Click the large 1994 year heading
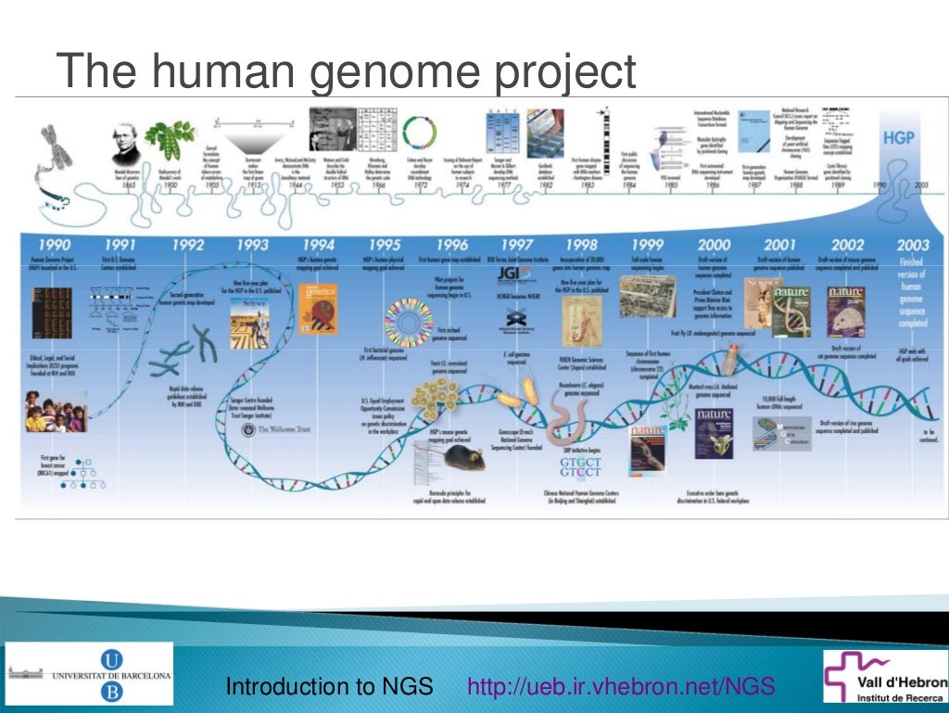pos(318,245)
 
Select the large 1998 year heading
pos(581,245)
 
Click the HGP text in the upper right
pos(898,137)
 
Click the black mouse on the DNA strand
pos(470,458)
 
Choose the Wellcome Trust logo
pos(278,430)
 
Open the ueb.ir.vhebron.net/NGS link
pos(621,687)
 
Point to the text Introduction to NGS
pos(330,687)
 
